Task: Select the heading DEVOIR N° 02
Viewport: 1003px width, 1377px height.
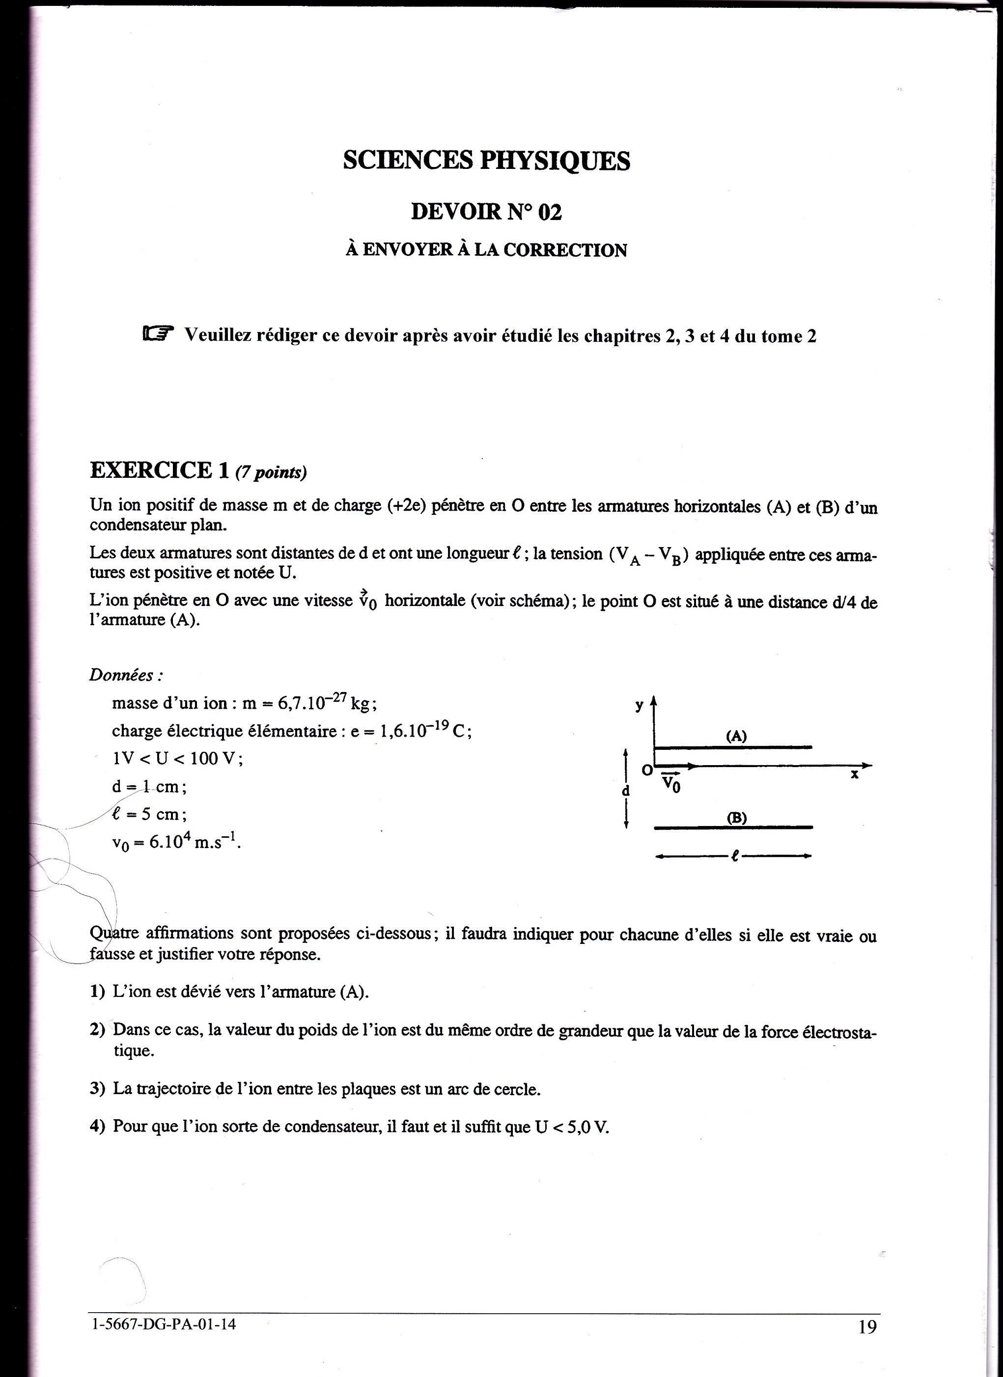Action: [x=486, y=212]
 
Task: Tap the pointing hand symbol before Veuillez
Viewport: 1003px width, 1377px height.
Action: [x=158, y=333]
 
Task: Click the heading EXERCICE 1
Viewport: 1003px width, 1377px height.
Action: [x=160, y=470]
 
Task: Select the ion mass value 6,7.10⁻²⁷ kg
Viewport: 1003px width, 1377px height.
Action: [x=327, y=703]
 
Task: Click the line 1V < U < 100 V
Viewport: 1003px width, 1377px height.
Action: [x=177, y=759]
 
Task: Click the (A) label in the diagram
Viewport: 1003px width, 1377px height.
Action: [x=736, y=736]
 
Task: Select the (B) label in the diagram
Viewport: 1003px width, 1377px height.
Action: [x=736, y=818]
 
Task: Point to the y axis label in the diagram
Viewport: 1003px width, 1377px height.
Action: [x=639, y=706]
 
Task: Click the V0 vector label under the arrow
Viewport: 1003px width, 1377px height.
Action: [x=670, y=783]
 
